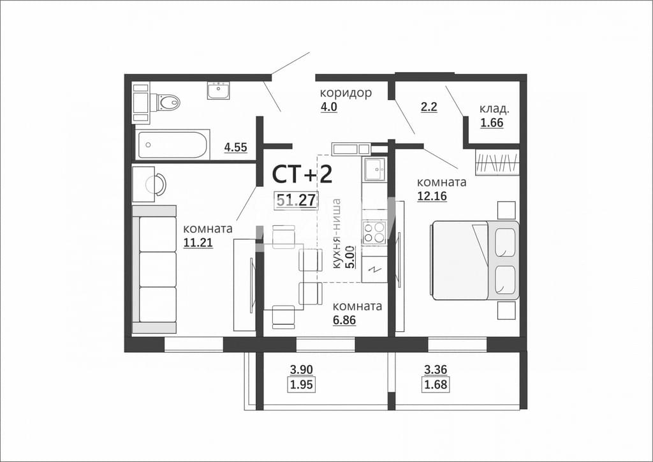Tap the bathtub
point(172,145)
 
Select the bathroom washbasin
point(219,91)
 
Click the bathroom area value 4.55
point(236,147)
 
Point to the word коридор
point(346,93)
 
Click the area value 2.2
point(429,107)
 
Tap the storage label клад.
point(494,109)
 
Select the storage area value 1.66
point(492,123)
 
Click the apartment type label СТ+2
point(302,174)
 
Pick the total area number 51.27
point(297,200)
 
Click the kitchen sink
point(375,168)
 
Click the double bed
point(474,260)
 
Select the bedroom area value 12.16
point(432,196)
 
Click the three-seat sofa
point(154,269)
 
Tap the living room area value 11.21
point(198,242)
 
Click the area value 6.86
point(344,320)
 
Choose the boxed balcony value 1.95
point(301,385)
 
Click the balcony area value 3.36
point(435,369)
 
